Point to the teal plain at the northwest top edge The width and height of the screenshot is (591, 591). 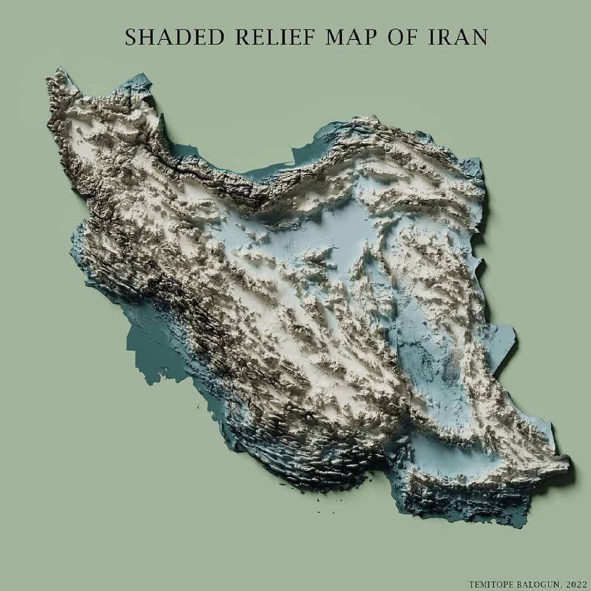coord(134,85)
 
